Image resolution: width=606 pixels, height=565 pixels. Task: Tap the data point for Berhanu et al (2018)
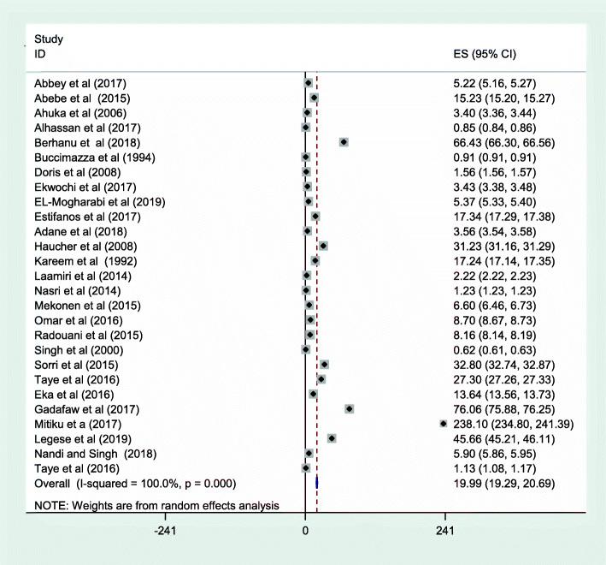click(344, 142)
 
